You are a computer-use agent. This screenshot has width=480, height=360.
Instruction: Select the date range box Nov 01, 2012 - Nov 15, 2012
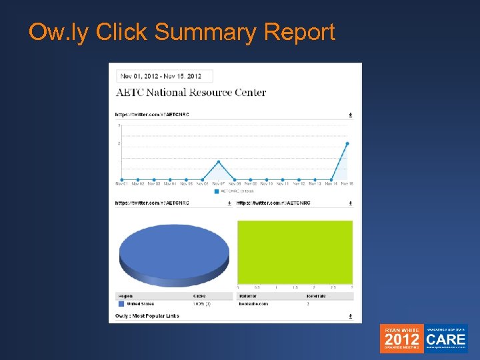[x=164, y=76]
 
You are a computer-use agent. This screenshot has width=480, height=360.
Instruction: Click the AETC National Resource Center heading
[x=191, y=93]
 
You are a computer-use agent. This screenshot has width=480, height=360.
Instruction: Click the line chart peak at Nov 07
[x=218, y=161]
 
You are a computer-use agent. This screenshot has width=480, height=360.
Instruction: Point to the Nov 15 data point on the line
[x=347, y=143]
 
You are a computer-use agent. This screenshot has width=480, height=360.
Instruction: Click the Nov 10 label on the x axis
[x=266, y=185]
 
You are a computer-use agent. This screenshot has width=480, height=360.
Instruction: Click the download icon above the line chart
[x=351, y=115]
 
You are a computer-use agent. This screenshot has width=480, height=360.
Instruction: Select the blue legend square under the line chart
[x=216, y=191]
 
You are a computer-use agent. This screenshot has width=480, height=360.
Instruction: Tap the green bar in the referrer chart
[x=295, y=251]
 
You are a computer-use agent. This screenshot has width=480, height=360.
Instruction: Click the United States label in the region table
[x=140, y=303]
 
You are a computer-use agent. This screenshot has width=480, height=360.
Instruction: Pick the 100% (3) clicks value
[x=202, y=303]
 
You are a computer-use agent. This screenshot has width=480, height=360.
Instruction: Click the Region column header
[x=125, y=295]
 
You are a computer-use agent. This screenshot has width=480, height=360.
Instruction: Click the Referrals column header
[x=316, y=295]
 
